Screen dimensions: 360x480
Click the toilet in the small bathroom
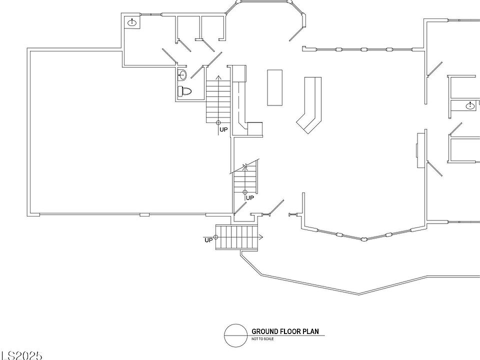coord(185,91)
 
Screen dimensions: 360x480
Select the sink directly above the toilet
coord(182,75)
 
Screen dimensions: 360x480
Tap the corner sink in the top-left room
coord(132,22)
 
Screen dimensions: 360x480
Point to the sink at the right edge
coord(469,105)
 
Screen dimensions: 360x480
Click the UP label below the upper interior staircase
coord(223,130)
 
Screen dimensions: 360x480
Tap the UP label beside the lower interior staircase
coord(250,198)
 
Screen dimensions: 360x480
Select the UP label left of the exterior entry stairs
coord(208,240)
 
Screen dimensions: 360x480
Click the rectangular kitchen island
coord(274,87)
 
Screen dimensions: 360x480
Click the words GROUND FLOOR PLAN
coord(284,331)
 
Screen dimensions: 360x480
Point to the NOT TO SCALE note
coord(262,339)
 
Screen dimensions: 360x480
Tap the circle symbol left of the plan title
coord(236,335)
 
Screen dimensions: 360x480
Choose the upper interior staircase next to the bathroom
coord(217,100)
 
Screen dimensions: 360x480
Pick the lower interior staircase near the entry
coord(245,180)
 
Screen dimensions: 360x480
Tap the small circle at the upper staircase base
coord(218,122)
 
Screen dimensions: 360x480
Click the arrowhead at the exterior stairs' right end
coord(261,237)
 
